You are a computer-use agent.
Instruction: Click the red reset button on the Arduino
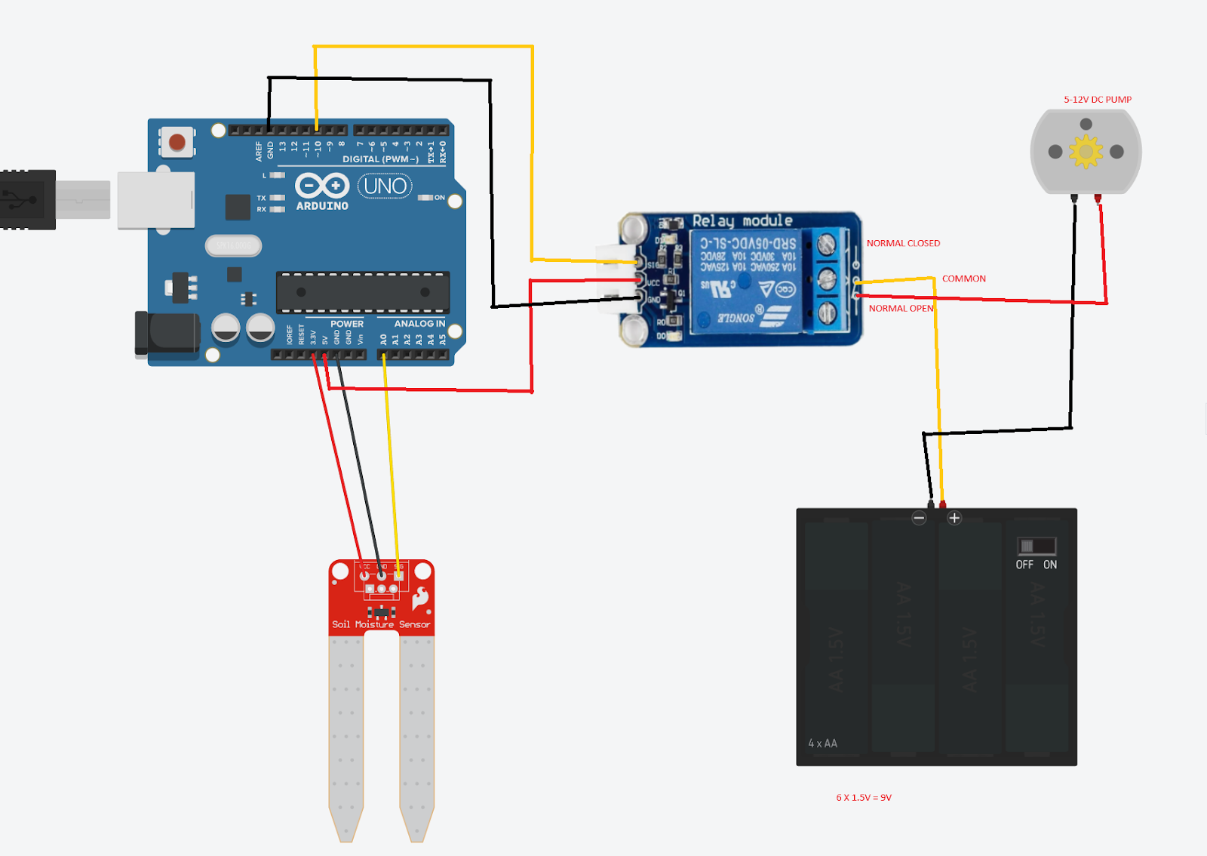[x=177, y=142]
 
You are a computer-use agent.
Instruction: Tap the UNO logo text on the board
[x=385, y=186]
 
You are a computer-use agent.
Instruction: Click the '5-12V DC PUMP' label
[x=1097, y=100]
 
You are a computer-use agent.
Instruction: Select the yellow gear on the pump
[x=1086, y=152]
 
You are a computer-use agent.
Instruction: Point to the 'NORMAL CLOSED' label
[x=903, y=243]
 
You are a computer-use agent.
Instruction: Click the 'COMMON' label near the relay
[x=963, y=279]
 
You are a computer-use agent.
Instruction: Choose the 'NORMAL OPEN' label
[x=901, y=308]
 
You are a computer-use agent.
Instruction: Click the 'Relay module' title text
[x=742, y=221]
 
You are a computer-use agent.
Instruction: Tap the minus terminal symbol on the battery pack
[x=919, y=518]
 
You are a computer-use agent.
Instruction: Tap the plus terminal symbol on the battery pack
[x=954, y=518]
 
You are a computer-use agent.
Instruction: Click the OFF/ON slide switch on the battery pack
[x=1037, y=546]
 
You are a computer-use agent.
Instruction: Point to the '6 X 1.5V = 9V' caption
[x=863, y=797]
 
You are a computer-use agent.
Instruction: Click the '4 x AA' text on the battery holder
[x=822, y=744]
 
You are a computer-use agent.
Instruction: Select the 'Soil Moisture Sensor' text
[x=381, y=624]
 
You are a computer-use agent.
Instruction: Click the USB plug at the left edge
[x=28, y=199]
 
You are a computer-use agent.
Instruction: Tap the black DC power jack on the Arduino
[x=166, y=333]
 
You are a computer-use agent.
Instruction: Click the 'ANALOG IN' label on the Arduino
[x=419, y=323]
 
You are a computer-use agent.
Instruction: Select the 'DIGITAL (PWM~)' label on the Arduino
[x=380, y=159]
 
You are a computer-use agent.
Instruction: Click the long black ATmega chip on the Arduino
[x=363, y=292]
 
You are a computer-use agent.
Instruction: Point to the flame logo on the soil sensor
[x=420, y=599]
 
